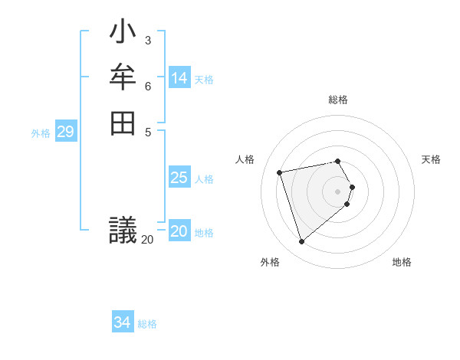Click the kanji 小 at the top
point(123,34)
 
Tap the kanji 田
point(123,123)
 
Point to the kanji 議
point(123,230)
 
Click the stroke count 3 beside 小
point(147,40)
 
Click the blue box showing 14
point(179,78)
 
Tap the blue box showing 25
point(179,178)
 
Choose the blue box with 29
point(66,132)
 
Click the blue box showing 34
point(123,322)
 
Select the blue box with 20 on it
point(179,231)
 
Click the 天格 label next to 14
point(204,80)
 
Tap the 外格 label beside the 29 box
point(41,133)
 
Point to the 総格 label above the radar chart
point(338,100)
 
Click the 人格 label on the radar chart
point(245,159)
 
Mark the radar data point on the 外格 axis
point(301,241)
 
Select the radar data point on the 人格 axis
point(280,172)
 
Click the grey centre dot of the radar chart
point(338,190)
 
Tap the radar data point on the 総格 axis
point(338,161)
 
